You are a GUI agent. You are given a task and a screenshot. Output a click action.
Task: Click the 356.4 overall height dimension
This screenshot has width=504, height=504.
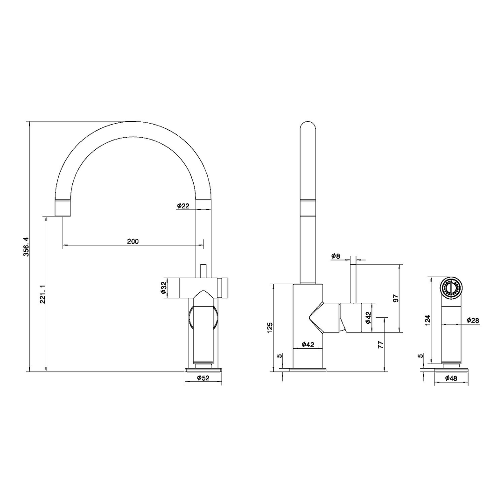27,246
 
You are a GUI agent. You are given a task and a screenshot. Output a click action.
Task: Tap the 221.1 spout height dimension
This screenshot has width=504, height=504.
43,294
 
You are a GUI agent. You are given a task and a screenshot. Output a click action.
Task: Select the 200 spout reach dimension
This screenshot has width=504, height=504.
133,241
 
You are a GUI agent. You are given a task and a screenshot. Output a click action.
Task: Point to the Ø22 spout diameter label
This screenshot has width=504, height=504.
183,205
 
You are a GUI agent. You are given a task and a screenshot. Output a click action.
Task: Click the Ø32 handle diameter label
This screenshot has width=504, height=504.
164,287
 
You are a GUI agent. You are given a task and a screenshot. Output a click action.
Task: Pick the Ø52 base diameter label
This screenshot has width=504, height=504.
203,378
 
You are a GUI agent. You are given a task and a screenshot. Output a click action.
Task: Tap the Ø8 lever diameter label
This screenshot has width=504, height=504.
336,256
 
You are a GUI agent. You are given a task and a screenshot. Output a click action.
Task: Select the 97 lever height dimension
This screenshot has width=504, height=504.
396,298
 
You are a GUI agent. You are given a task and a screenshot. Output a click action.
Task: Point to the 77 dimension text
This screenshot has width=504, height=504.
381,345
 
